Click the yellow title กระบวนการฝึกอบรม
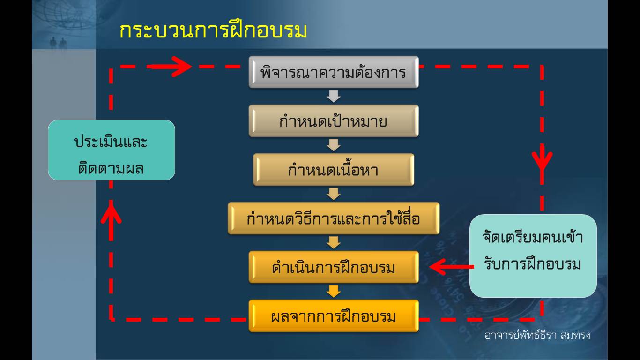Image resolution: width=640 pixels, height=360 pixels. tap(213, 30)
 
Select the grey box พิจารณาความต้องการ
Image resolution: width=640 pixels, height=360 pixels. tap(334, 72)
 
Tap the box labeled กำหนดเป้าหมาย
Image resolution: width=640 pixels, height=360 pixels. tap(334, 120)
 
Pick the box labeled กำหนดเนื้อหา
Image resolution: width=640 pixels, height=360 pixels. tap(334, 170)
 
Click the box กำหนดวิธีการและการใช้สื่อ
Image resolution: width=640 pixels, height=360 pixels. tap(334, 218)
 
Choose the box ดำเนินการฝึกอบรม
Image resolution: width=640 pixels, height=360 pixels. tap(334, 267)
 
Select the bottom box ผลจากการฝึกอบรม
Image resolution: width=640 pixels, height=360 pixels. tap(334, 316)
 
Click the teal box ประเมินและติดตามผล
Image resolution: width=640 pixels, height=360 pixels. tap(112, 150)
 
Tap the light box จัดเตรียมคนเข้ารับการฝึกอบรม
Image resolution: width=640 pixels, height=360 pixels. tap(533, 255)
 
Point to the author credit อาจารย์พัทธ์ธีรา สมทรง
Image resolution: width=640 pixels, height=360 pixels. tap(537, 335)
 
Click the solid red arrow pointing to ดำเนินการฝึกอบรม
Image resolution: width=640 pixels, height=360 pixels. tap(452, 267)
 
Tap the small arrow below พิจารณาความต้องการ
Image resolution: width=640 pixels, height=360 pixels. tap(334, 97)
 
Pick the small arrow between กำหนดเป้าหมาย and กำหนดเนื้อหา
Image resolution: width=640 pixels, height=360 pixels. tap(334, 145)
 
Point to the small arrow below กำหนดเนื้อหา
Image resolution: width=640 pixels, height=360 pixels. tap(334, 194)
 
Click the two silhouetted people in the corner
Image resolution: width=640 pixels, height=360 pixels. tap(58, 44)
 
